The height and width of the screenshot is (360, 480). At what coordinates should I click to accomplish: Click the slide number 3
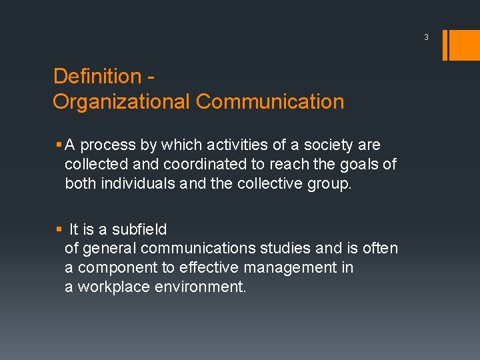coord(425,37)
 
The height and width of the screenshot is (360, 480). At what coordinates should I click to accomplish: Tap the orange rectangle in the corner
coord(464,45)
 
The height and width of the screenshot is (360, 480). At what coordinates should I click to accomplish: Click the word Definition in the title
coord(97,76)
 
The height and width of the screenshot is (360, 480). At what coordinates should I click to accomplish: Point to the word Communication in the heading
coord(270,102)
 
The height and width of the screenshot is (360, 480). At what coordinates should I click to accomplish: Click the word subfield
coord(139,229)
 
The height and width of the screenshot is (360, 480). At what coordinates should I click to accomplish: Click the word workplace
coord(112,287)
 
